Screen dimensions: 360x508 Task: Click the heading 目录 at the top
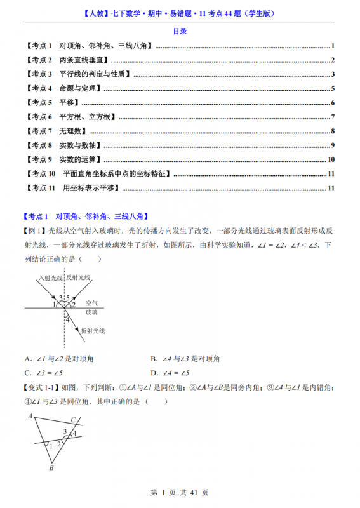click(x=180, y=31)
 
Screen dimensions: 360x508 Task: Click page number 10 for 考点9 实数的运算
click(x=331, y=159)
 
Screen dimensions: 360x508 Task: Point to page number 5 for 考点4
click(x=333, y=88)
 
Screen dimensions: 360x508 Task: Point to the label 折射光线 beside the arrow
click(x=92, y=331)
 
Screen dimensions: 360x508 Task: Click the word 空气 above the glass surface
click(x=92, y=303)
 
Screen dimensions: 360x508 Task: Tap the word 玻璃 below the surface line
click(x=91, y=312)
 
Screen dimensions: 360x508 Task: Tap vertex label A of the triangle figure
click(x=30, y=417)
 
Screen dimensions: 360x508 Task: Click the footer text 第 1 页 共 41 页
click(x=180, y=492)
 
